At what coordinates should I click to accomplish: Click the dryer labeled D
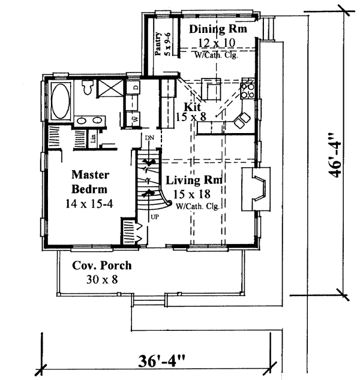pyautogui.click(x=136, y=88)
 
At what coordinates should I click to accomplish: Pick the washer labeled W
pyautogui.click(x=135, y=119)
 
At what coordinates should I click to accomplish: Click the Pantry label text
pyautogui.click(x=160, y=44)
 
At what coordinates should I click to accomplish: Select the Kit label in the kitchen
pyautogui.click(x=191, y=107)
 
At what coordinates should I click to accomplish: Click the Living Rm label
pyautogui.click(x=195, y=180)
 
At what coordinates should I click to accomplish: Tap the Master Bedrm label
pyautogui.click(x=89, y=182)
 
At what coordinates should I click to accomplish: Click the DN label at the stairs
pyautogui.click(x=149, y=138)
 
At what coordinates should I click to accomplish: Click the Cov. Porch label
pyautogui.click(x=101, y=266)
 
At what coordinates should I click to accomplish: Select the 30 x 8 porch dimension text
pyautogui.click(x=101, y=280)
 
